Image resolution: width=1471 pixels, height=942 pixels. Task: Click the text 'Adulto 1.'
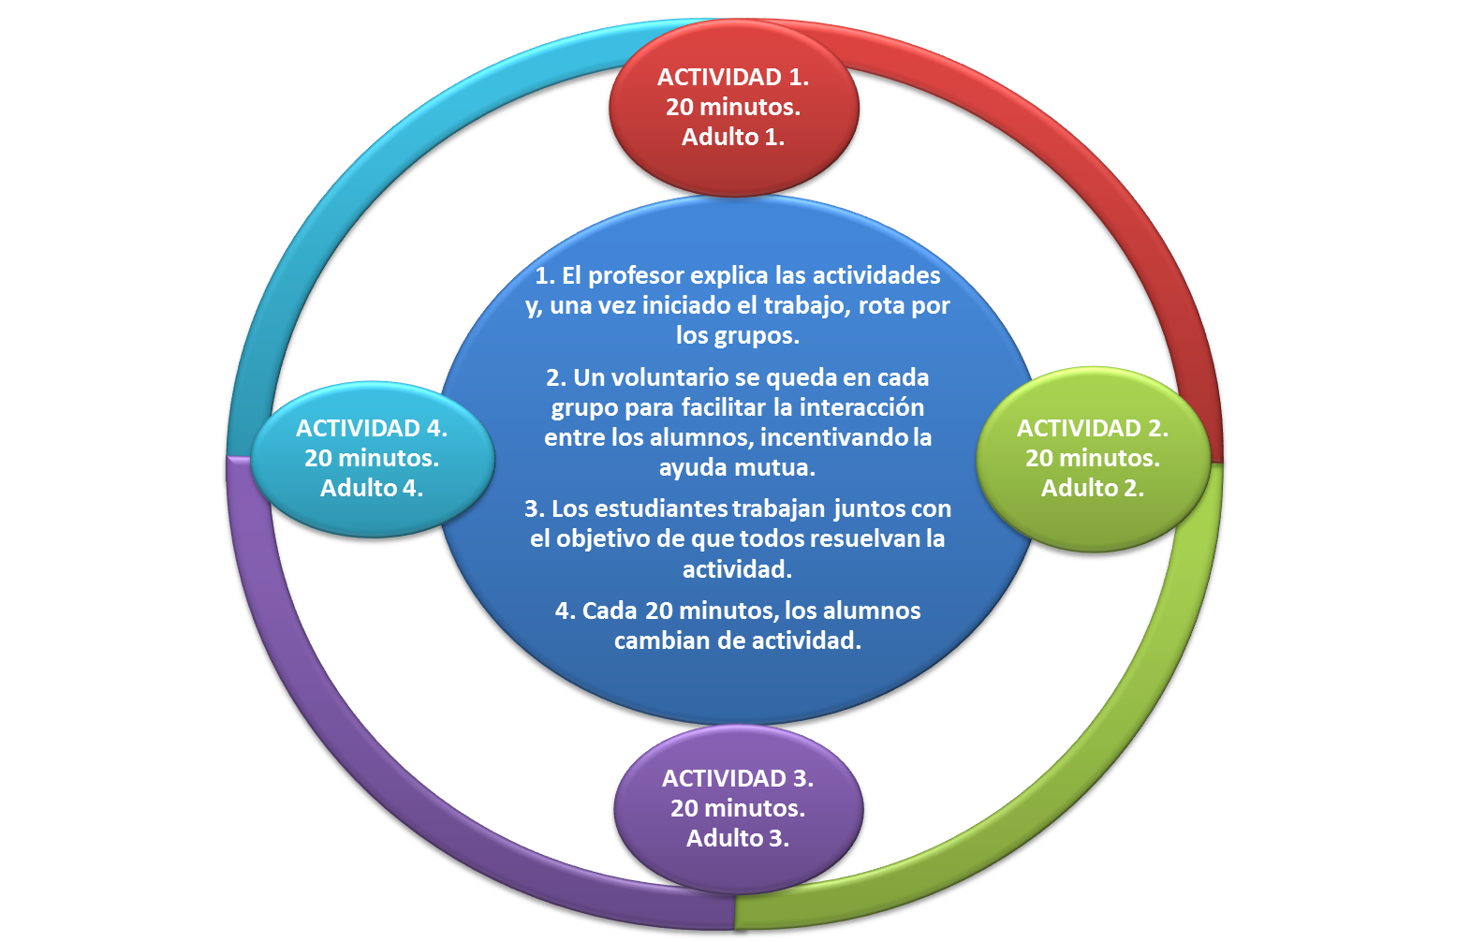[x=733, y=137]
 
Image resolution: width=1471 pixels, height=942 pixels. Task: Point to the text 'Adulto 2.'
[x=1093, y=488]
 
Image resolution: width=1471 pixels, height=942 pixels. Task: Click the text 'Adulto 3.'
[x=738, y=838]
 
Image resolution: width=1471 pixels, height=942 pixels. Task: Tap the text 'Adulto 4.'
[x=372, y=488]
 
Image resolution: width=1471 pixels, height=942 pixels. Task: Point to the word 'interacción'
[x=861, y=407]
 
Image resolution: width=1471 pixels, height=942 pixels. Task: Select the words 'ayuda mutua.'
[x=737, y=467]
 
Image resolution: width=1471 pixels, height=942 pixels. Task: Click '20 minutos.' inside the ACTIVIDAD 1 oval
[x=733, y=107]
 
